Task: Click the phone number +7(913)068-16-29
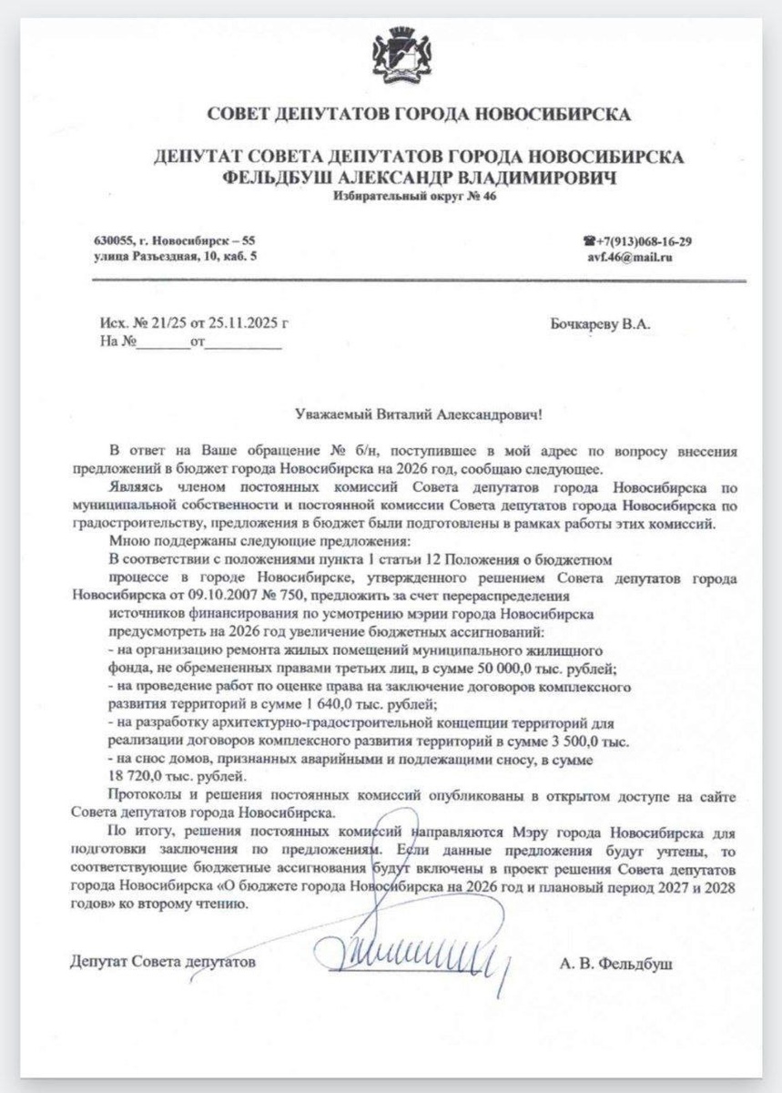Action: coord(644,241)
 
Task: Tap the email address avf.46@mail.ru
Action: coord(630,257)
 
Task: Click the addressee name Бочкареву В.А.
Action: coord(600,323)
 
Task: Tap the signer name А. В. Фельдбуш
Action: coord(616,963)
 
